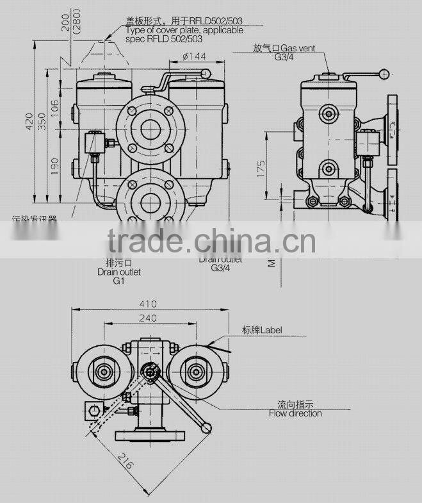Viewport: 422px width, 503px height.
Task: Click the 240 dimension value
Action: [x=148, y=317]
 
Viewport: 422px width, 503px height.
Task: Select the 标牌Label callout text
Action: [x=262, y=330]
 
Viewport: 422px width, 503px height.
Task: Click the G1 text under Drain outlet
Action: [x=118, y=281]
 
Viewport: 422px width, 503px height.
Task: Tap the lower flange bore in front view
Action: [x=151, y=195]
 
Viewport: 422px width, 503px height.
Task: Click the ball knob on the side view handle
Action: [x=385, y=73]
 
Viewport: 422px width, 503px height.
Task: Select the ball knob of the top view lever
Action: [x=205, y=427]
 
